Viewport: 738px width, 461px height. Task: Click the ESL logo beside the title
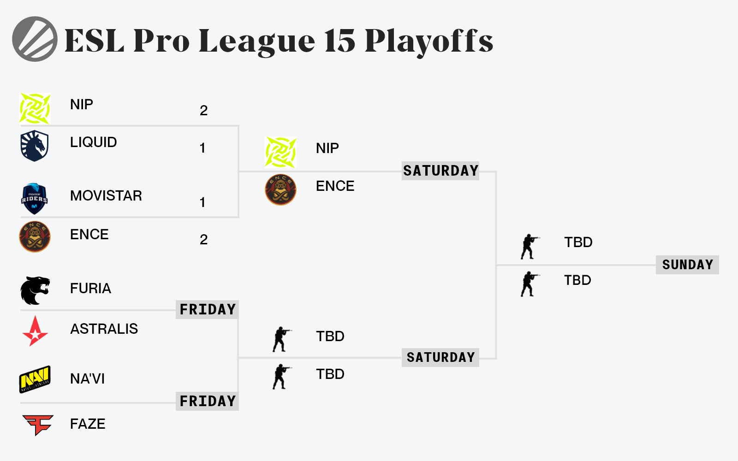(35, 39)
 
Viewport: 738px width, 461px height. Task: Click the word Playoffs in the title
(429, 41)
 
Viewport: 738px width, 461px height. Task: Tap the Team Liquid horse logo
(35, 146)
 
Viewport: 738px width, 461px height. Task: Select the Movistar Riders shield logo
(35, 199)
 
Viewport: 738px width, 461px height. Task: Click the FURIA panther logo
(35, 290)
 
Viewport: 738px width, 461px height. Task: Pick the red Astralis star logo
(35, 331)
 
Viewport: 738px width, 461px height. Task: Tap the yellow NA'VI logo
(35, 379)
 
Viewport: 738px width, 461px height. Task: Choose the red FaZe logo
(38, 425)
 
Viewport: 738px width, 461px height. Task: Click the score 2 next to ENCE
(203, 240)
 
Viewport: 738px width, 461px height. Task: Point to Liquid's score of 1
(202, 148)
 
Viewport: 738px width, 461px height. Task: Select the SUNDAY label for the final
(687, 265)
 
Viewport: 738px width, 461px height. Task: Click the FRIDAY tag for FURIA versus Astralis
(207, 309)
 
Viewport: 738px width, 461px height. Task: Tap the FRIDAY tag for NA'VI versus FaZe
(207, 401)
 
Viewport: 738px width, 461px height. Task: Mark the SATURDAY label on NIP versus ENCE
(440, 171)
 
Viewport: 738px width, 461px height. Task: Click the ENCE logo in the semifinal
(281, 189)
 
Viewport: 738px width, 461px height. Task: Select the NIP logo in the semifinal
(281, 153)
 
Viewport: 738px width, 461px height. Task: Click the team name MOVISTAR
(106, 195)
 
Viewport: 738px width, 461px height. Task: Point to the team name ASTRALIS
(104, 329)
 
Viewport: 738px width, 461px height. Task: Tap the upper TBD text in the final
(578, 242)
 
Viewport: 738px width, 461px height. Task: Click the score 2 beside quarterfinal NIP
(203, 110)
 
